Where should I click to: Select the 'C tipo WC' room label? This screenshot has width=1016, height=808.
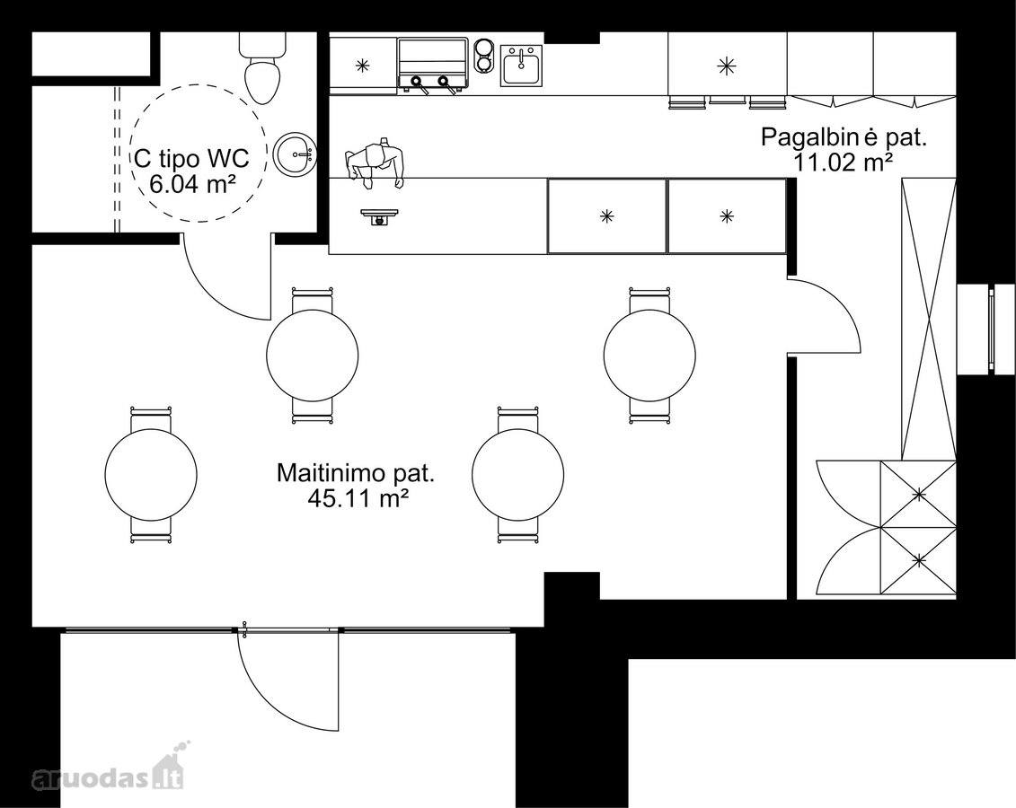(x=192, y=157)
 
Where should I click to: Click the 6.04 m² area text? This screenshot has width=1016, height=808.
(x=192, y=185)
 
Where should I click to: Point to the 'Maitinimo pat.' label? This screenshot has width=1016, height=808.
(x=355, y=472)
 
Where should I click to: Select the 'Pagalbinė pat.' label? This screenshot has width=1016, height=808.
(x=844, y=137)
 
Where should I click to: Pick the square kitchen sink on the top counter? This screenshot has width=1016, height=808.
(x=520, y=66)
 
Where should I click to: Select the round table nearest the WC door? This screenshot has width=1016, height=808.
(x=313, y=354)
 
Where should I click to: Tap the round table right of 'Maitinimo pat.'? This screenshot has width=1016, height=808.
(x=517, y=474)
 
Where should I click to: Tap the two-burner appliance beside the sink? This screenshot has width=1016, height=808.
(x=483, y=55)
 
